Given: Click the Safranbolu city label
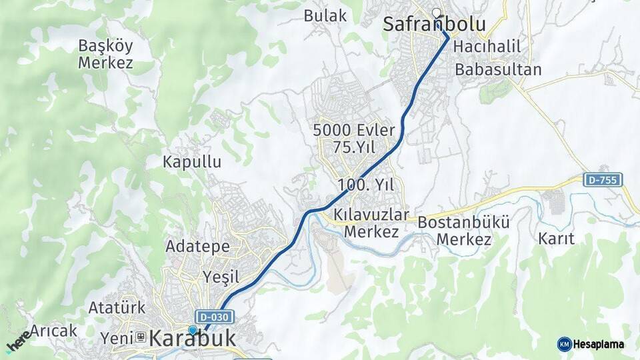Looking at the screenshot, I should [x=434, y=25].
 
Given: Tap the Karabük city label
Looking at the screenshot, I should [x=193, y=339].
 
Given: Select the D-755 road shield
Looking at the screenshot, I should [x=603, y=179].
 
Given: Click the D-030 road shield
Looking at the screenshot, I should [x=213, y=316].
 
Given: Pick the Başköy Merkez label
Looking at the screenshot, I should [x=105, y=55].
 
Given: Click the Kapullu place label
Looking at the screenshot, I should [x=192, y=161].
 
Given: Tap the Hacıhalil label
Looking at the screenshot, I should [x=486, y=48].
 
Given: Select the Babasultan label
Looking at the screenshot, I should [x=498, y=69].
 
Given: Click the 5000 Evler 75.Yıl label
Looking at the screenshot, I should [x=363, y=138].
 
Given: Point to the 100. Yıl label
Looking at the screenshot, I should [x=371, y=185].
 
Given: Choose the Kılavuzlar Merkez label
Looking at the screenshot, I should [x=371, y=224].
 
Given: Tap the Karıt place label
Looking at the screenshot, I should [x=556, y=238].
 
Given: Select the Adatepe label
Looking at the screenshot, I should [x=197, y=246].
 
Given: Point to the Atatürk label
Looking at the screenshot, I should [x=117, y=308].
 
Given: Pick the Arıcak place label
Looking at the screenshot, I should [x=54, y=331].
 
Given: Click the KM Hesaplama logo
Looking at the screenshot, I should [x=591, y=344].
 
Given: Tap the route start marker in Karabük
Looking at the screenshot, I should [x=193, y=329].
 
